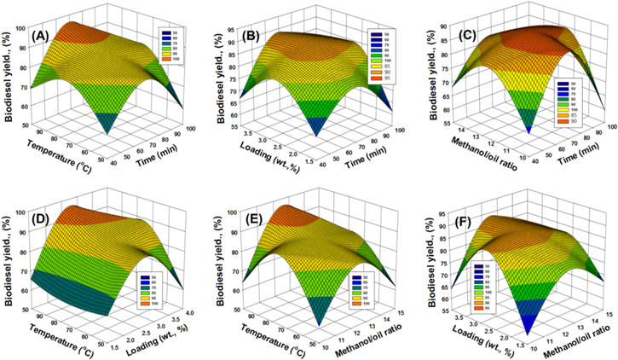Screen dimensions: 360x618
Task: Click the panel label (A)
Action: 43,37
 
